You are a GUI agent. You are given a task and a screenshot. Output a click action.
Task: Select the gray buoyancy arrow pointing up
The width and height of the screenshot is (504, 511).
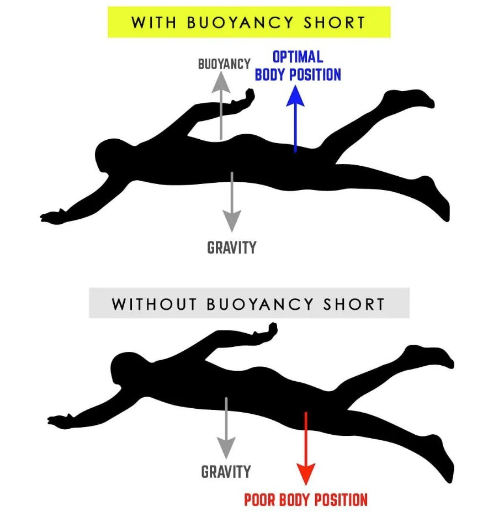(221, 105)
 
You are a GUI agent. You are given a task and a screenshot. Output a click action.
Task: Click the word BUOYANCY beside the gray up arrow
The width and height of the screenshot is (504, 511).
(224, 64)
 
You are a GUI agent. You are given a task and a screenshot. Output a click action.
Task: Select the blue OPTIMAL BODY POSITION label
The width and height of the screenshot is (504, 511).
(298, 66)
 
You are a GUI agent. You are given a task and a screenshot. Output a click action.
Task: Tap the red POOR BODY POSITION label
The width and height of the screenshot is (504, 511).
(306, 500)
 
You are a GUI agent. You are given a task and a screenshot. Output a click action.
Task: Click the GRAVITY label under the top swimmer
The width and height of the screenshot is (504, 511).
(232, 247)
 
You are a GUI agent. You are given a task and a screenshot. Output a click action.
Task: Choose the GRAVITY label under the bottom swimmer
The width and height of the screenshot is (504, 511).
(226, 471)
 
